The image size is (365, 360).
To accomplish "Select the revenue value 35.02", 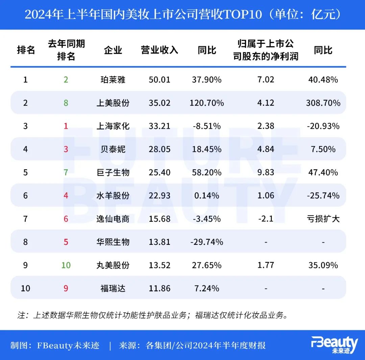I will [x=160, y=103].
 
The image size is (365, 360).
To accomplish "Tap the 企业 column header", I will [x=113, y=50].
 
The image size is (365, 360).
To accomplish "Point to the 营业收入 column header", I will [x=160, y=50].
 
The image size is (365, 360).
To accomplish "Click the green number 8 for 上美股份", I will [x=66, y=103].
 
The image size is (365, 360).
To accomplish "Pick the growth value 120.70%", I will [x=206, y=103].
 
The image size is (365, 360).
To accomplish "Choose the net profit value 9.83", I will [x=266, y=173].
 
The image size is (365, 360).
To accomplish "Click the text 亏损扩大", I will [x=323, y=219].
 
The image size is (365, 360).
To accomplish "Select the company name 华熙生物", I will [x=113, y=242].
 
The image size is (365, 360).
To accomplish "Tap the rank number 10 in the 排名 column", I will [x=25, y=288].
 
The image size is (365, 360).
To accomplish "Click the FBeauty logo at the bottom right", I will [x=334, y=345].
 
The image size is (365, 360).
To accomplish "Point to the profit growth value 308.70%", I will [x=323, y=103].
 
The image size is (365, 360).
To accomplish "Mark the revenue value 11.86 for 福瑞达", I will [x=160, y=288].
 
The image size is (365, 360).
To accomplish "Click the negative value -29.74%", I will [x=206, y=242].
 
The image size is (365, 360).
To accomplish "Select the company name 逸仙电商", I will [x=113, y=219].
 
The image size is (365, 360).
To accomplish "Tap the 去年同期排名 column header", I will [x=66, y=50].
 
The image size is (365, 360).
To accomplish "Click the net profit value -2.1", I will [x=266, y=219].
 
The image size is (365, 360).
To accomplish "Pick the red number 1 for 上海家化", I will [x=66, y=126].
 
